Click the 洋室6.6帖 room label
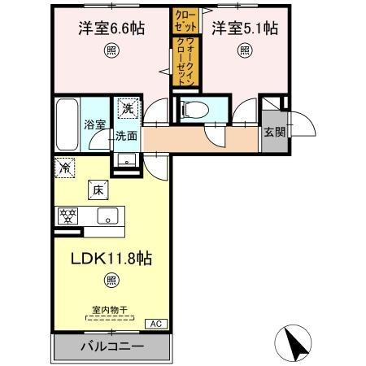pos(111,28)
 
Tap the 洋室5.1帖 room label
pos(245,28)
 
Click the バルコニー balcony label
pos(111,347)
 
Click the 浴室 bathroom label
pos(95,125)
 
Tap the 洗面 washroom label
pos(125,136)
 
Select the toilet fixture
pos(193,108)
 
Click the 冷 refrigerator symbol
pos(64,168)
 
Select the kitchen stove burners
pos(67,216)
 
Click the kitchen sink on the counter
pos(108,216)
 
